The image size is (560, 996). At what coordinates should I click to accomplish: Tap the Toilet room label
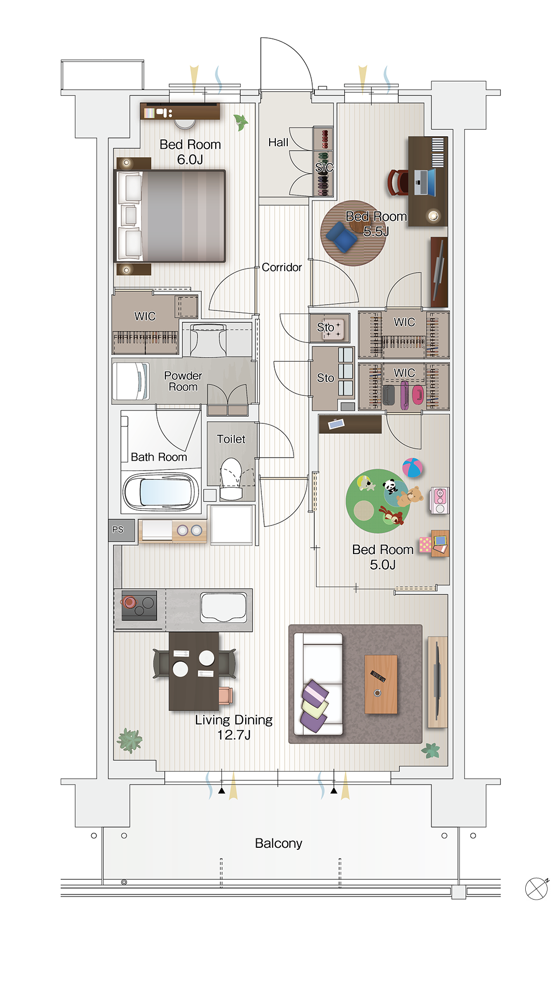tap(231, 439)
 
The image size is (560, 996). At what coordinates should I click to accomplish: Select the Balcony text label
tap(278, 843)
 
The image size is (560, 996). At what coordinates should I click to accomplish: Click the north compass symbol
tap(537, 889)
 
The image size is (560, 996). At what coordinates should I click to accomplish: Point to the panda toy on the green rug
tap(390, 486)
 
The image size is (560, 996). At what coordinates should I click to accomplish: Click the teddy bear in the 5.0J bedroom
tap(410, 496)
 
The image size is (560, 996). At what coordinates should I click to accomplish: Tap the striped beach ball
tap(412, 467)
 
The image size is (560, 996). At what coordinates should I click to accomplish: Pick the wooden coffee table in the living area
tap(381, 684)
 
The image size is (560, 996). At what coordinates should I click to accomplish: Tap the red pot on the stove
tap(129, 602)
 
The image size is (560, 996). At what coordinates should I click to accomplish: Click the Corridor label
tap(282, 267)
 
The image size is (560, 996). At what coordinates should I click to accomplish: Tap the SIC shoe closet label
tap(324, 167)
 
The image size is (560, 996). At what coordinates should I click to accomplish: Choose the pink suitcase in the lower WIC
tap(417, 395)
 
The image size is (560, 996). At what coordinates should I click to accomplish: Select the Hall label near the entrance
tap(278, 143)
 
